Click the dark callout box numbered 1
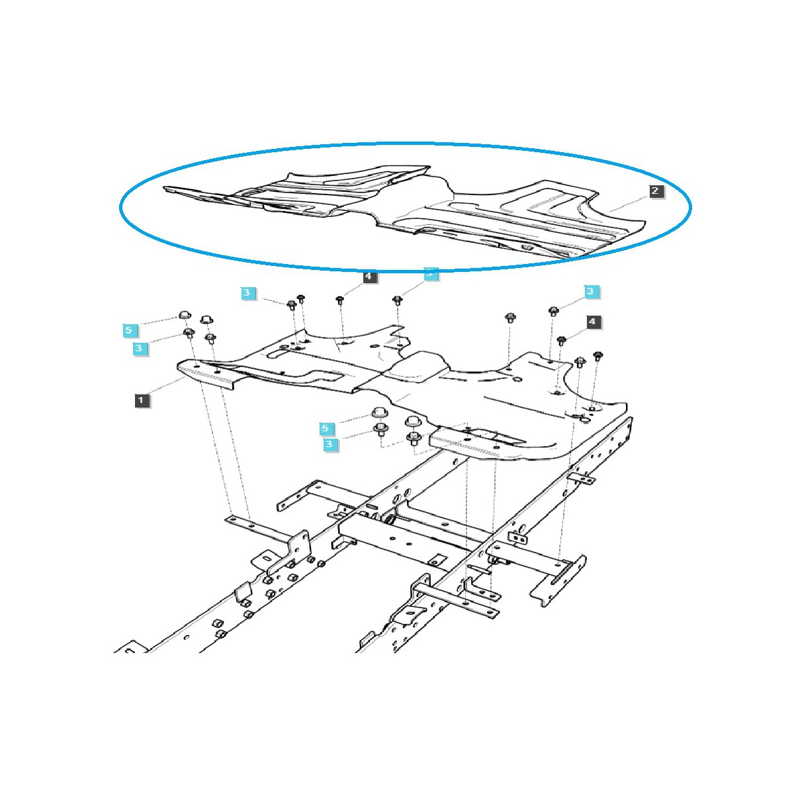click(x=140, y=400)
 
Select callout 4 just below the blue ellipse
click(x=369, y=277)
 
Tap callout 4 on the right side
click(x=592, y=322)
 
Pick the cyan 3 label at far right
click(x=591, y=291)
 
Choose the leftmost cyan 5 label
click(x=129, y=329)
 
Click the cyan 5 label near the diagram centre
click(x=325, y=428)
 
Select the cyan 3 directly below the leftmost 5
click(x=139, y=347)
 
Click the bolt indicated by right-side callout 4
click(x=561, y=340)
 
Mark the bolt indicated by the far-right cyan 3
click(x=554, y=310)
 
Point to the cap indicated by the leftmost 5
click(x=185, y=315)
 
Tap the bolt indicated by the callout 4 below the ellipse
click(x=340, y=300)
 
